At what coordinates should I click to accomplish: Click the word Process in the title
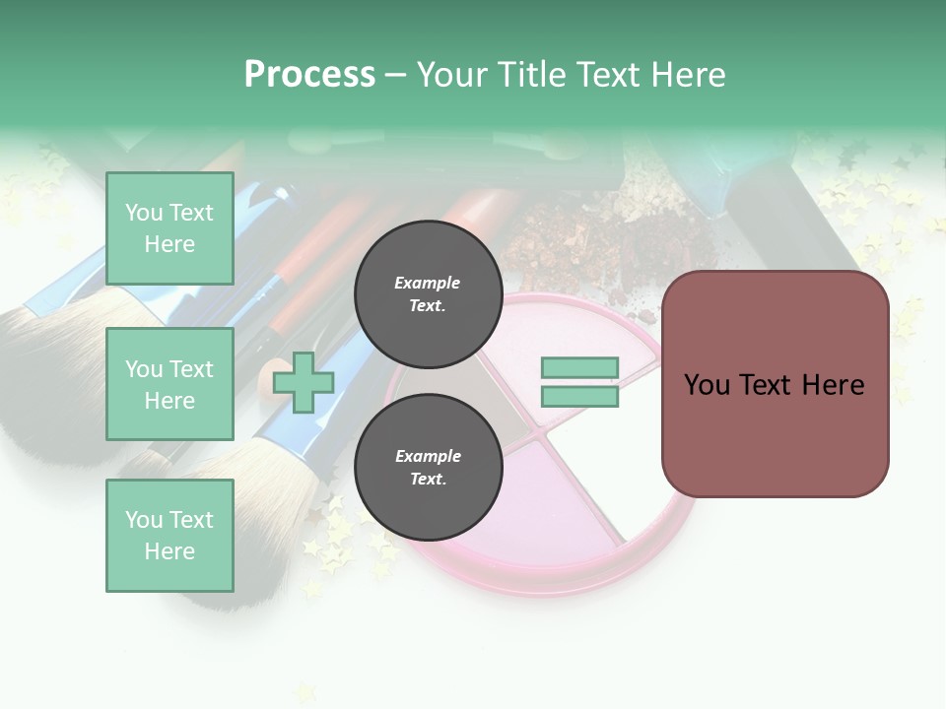pyautogui.click(x=309, y=75)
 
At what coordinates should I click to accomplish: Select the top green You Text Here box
pyautogui.click(x=169, y=228)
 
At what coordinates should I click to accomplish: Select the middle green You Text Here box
pyautogui.click(x=169, y=384)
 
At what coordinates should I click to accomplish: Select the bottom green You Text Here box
pyautogui.click(x=169, y=536)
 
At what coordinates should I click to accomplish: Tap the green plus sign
pyautogui.click(x=304, y=382)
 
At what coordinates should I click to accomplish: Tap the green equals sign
pyautogui.click(x=579, y=382)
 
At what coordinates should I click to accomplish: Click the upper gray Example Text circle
pyautogui.click(x=428, y=293)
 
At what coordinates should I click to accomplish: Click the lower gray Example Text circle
pyautogui.click(x=428, y=467)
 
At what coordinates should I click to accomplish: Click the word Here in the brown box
pyautogui.click(x=833, y=384)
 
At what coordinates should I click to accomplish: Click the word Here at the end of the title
pyautogui.click(x=690, y=75)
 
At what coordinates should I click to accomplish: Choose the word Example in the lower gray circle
pyautogui.click(x=428, y=456)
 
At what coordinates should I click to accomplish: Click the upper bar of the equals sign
pyautogui.click(x=579, y=368)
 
